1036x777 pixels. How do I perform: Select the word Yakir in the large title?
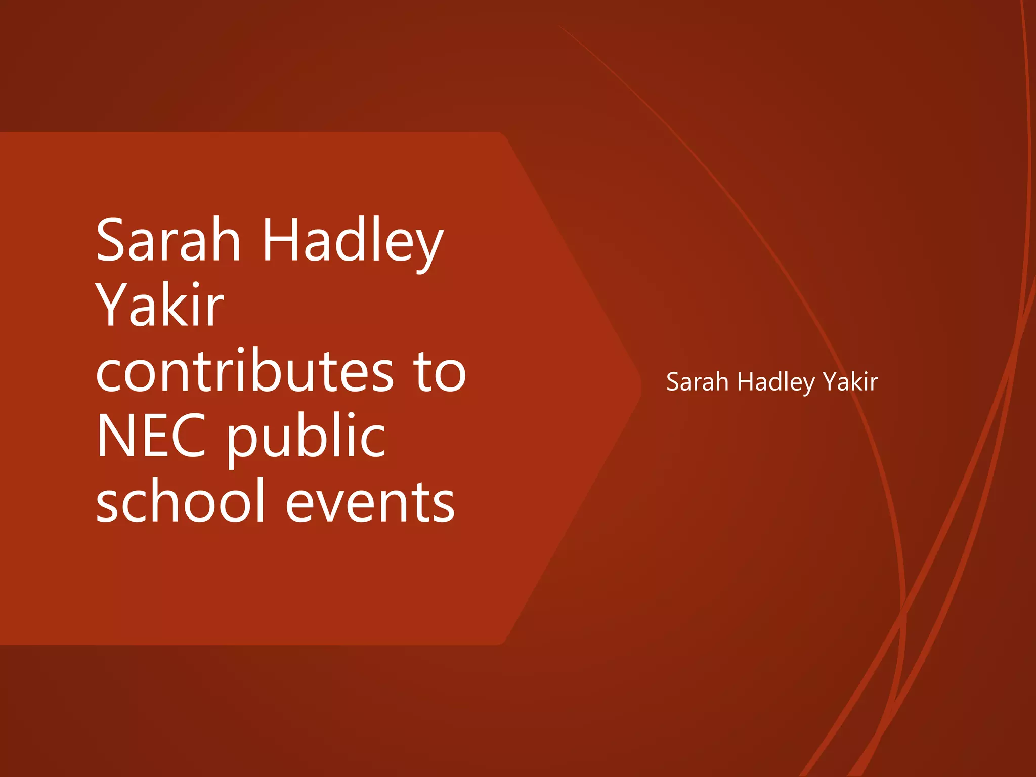pyautogui.click(x=160, y=305)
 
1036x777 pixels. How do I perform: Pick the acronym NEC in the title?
pyautogui.click(x=151, y=436)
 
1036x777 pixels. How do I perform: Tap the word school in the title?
pyautogui.click(x=181, y=501)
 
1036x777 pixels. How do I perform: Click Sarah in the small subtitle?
pyautogui.click(x=697, y=382)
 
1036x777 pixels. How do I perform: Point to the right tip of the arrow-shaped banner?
pyautogui.click(x=640, y=388)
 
